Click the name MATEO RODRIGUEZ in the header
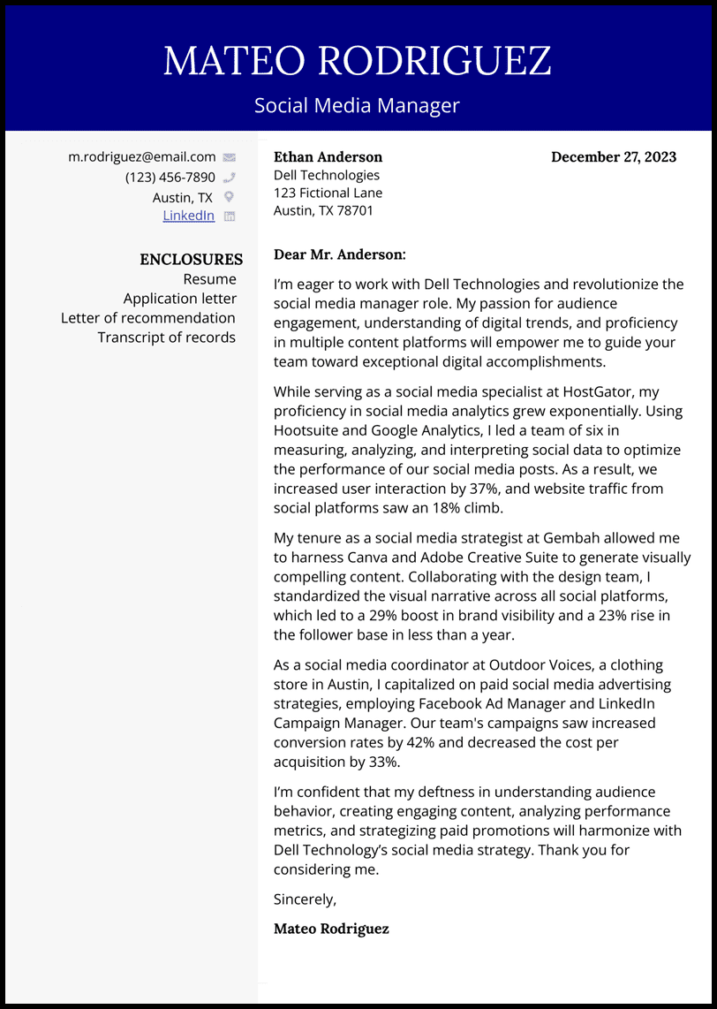pos(358,60)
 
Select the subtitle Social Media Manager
pos(358,106)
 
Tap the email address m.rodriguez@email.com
pos(142,156)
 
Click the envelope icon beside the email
pos(229,157)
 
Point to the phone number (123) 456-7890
pos(170,177)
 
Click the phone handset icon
pos(229,178)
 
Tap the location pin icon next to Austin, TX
pos(229,197)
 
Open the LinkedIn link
pos(188,216)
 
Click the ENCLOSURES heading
pos(191,260)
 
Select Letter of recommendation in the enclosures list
pos(148,318)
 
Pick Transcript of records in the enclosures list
pos(167,338)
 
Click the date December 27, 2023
pos(614,157)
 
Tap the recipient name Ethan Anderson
pos(328,157)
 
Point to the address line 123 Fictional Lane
pos(328,193)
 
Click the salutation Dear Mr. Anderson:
pos(340,254)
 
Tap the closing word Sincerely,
pos(305,899)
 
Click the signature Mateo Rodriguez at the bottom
pos(331,929)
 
